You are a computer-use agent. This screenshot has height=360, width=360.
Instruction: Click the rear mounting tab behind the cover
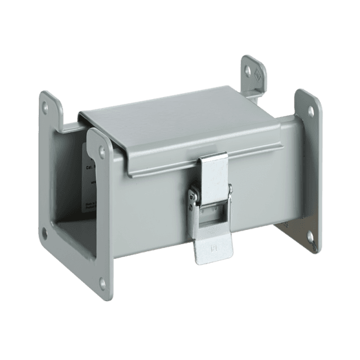tap(254, 78)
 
